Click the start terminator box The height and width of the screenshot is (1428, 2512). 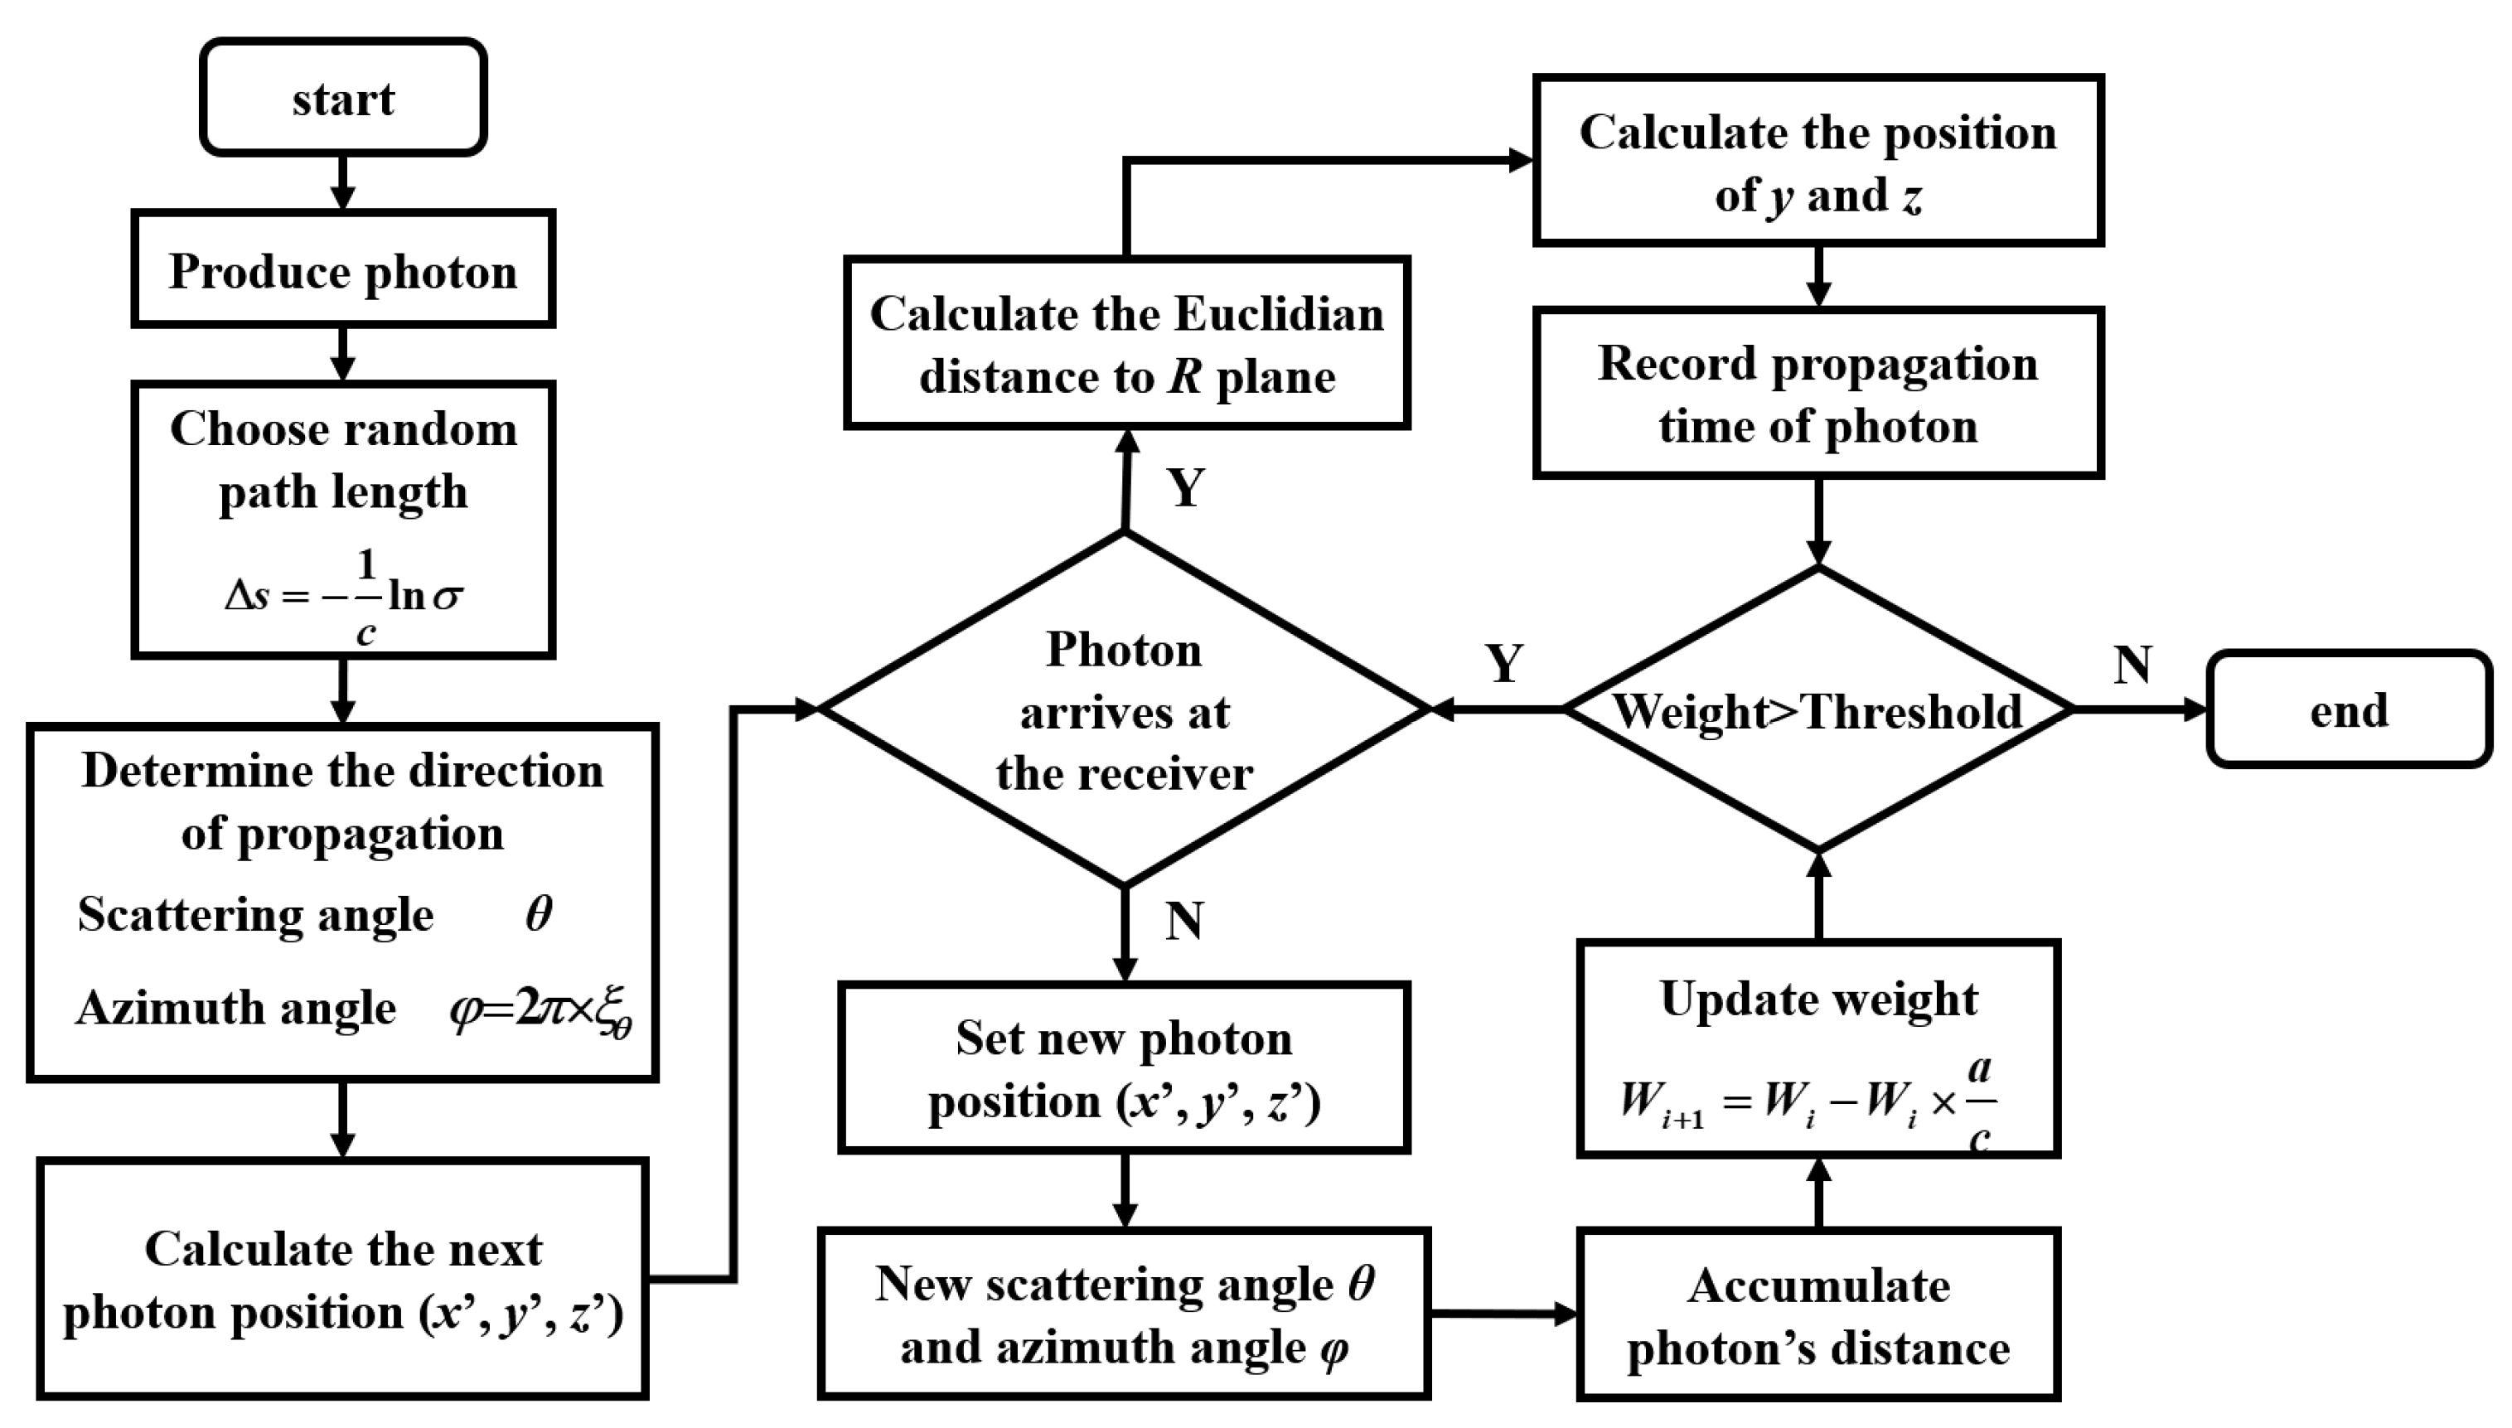(x=343, y=98)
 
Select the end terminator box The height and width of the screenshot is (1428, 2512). (x=2348, y=710)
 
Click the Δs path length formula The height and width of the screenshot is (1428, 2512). (x=343, y=595)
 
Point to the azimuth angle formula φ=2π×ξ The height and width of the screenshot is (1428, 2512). (x=540, y=1010)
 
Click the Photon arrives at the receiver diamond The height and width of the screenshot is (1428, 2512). (x=1125, y=710)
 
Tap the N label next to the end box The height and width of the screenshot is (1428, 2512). (x=2132, y=665)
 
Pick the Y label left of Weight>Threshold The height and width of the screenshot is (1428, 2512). (x=1504, y=665)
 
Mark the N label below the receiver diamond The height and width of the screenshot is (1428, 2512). (x=1183, y=921)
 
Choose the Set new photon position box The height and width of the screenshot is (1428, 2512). (x=1125, y=1068)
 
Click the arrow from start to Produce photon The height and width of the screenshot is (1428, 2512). (x=342, y=183)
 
